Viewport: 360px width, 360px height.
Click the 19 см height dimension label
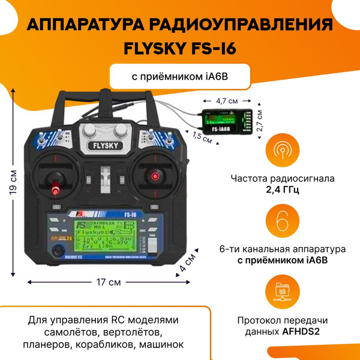pyautogui.click(x=13, y=186)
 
